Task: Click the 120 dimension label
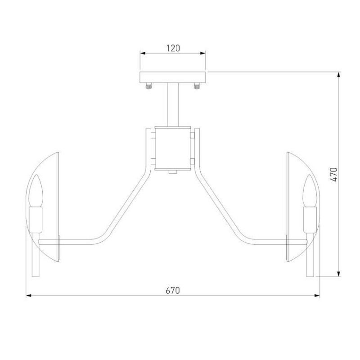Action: (x=173, y=48)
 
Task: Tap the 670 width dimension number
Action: (x=173, y=290)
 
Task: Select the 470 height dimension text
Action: (x=334, y=175)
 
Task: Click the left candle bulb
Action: (x=36, y=190)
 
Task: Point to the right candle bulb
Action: (x=310, y=190)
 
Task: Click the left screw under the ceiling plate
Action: (x=148, y=85)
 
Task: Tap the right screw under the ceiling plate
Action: (x=197, y=85)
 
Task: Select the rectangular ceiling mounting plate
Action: (x=173, y=77)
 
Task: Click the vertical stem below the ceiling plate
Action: (x=173, y=104)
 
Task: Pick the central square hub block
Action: (x=173, y=148)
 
